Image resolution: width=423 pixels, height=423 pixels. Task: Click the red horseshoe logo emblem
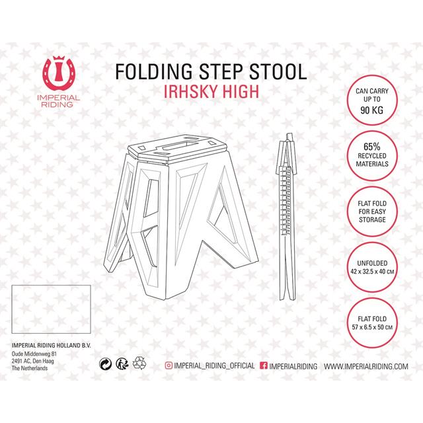pyautogui.click(x=59, y=73)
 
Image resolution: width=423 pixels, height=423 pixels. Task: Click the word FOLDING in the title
pyautogui.click(x=154, y=71)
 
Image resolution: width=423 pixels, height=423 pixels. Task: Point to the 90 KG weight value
pyautogui.click(x=371, y=110)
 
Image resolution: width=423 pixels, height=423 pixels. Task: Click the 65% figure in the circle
pyautogui.click(x=371, y=147)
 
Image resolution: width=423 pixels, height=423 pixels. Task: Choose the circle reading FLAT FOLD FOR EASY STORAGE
pyautogui.click(x=372, y=211)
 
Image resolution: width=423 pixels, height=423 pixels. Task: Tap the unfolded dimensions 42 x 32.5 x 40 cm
pyautogui.click(x=372, y=272)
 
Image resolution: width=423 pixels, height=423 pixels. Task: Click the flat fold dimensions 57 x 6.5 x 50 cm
pyautogui.click(x=372, y=327)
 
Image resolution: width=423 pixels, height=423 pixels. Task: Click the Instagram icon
pyautogui.click(x=169, y=365)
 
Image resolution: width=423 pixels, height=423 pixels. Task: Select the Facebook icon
pyautogui.click(x=264, y=365)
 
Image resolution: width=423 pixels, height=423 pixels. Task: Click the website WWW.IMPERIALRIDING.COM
pyautogui.click(x=365, y=366)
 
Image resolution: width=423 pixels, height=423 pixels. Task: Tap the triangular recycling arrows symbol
pyautogui.click(x=139, y=363)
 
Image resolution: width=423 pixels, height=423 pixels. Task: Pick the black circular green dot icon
pyautogui.click(x=106, y=364)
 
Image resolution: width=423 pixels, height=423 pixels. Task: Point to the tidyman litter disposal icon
pyautogui.click(x=122, y=364)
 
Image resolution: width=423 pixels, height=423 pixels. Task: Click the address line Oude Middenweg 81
pyautogui.click(x=34, y=354)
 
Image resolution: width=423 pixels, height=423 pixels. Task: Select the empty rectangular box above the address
pyautogui.click(x=51, y=309)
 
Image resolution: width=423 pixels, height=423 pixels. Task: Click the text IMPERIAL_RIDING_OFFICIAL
pyautogui.click(x=214, y=365)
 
